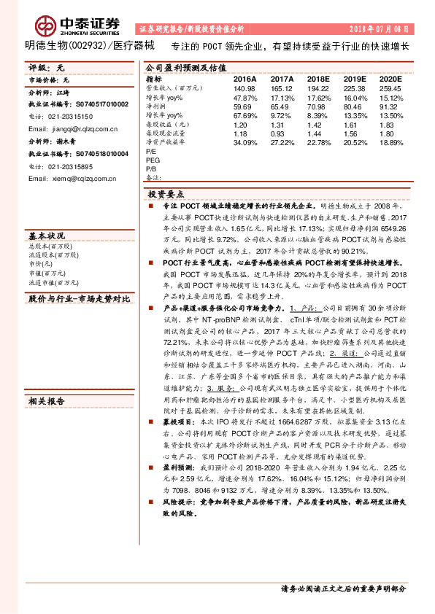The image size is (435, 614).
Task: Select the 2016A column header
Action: point(245,78)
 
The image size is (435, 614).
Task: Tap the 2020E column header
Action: point(391,78)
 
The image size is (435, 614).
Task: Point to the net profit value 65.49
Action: point(281,106)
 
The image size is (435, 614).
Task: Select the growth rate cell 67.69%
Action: point(245,115)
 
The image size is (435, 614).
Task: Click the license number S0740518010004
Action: point(91,155)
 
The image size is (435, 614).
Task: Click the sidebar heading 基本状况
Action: point(46,236)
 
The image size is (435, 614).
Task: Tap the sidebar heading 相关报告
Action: point(46,401)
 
